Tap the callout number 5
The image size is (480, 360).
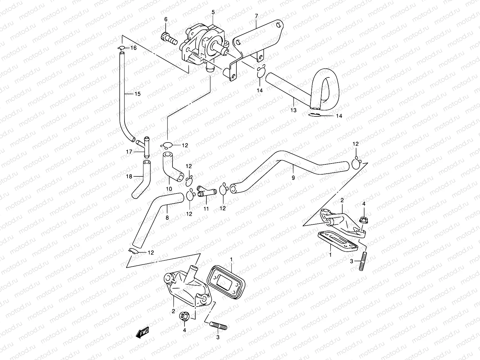coord(213,12)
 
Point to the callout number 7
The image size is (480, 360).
coord(256,16)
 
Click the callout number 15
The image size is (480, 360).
coord(137,94)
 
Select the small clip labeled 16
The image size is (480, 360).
coord(121,48)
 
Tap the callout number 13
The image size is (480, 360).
coord(293,110)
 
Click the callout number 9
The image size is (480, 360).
coord(293,178)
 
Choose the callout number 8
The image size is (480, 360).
coord(167,217)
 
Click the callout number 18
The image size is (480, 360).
coord(129,176)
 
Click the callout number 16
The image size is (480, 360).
coord(133,48)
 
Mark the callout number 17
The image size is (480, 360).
coord(129,152)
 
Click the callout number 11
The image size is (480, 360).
coord(206,208)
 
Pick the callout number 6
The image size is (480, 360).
coord(166,19)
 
